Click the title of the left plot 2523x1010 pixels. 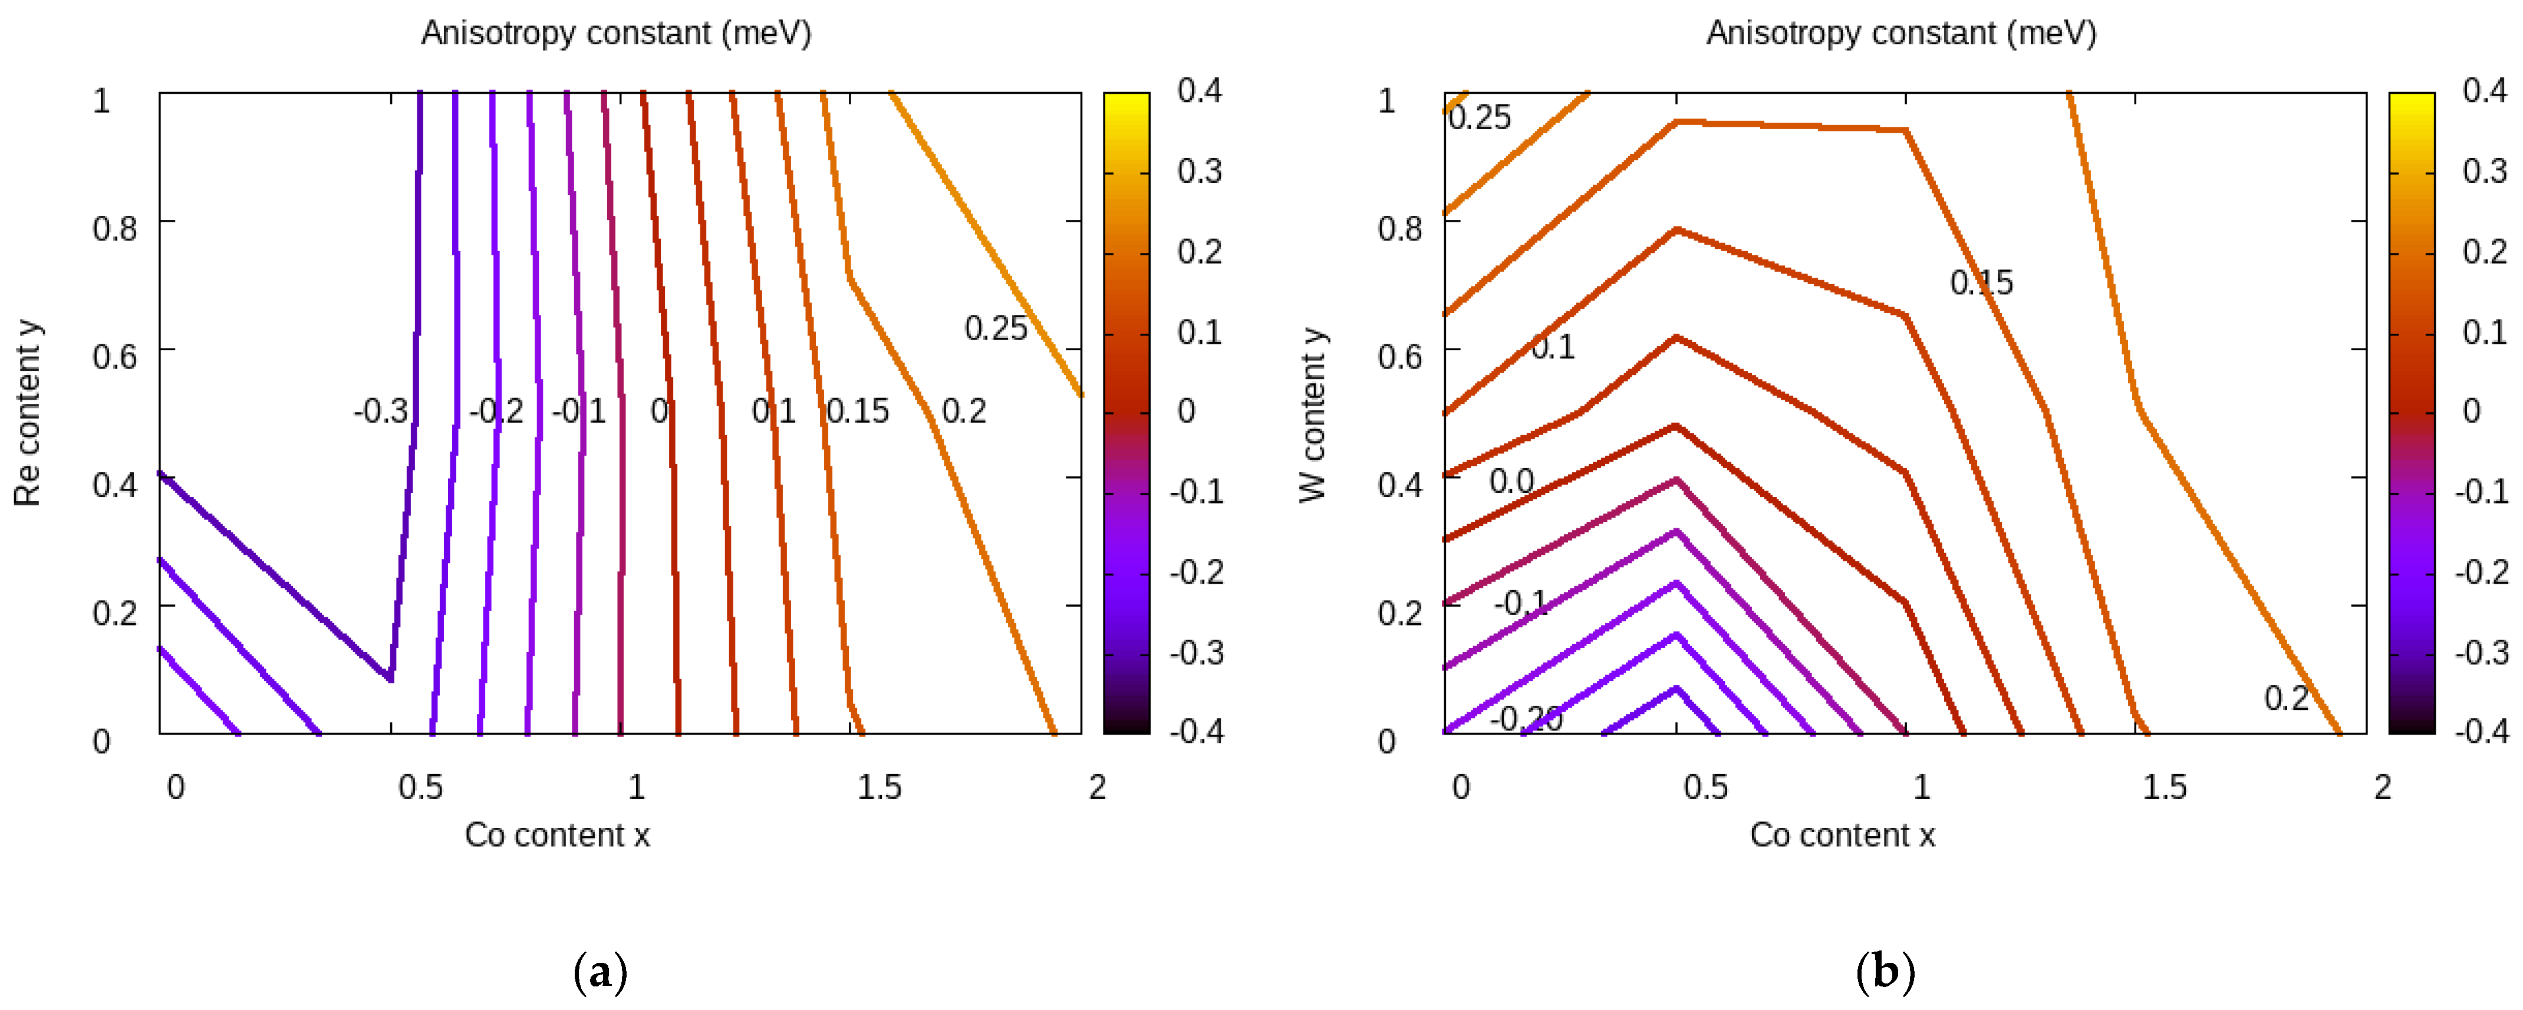[616, 33]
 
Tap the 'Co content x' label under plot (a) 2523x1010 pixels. [556, 835]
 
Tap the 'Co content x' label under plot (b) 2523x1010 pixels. [1842, 835]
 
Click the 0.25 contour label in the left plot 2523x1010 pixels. [995, 329]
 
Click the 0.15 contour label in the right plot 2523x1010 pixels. [1981, 283]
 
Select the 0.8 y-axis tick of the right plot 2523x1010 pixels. [1399, 228]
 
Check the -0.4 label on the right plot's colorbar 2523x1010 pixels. [2481, 731]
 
